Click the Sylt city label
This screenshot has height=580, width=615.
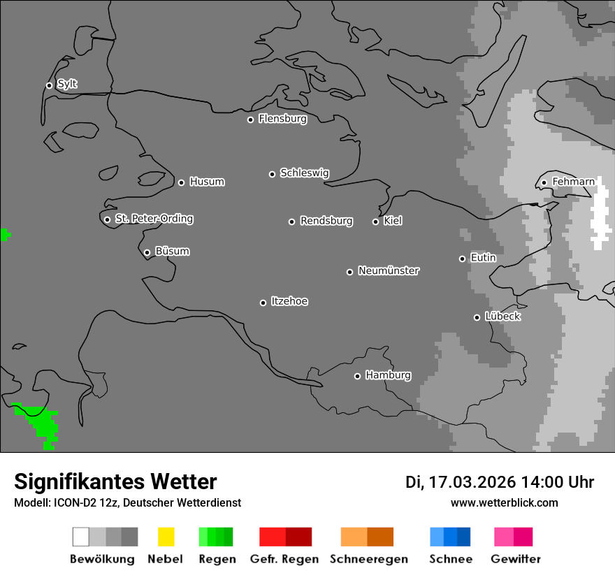click(67, 85)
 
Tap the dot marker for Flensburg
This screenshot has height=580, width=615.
click(250, 119)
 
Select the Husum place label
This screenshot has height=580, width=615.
click(207, 182)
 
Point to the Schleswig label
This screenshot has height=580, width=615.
click(304, 173)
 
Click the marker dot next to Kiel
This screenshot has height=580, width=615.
click(375, 222)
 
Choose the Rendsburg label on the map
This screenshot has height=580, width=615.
click(326, 221)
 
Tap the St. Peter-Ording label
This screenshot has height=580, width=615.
click(154, 219)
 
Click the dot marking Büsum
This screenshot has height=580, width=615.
click(147, 252)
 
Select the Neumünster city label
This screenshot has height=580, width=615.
click(389, 270)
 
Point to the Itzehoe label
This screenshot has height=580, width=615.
click(289, 301)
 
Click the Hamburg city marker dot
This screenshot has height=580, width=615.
click(357, 376)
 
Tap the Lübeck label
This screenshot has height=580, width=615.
click(502, 317)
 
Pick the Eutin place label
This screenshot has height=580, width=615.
click(483, 258)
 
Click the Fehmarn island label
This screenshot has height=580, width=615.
click(573, 182)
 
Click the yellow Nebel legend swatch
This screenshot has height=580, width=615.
click(166, 537)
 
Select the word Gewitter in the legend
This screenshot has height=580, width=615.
click(516, 559)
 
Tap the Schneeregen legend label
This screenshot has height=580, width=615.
click(368, 559)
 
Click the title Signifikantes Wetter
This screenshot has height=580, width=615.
click(115, 481)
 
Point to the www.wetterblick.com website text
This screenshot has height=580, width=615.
click(504, 502)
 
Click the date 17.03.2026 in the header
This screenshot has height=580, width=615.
click(471, 482)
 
